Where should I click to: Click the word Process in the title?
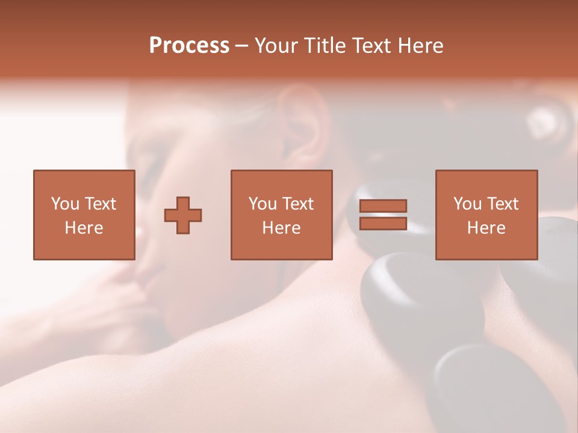189,46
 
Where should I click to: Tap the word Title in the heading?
324,46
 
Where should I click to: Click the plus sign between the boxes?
183,215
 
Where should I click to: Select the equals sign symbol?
383,215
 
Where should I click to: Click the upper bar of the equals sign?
383,206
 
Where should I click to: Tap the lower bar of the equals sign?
383,223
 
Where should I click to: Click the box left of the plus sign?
84,215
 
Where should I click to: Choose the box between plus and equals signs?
281,215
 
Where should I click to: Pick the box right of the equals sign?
486,215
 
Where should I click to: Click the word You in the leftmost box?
64,204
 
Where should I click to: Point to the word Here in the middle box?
281,228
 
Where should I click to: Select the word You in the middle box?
262,204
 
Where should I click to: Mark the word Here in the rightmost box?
486,228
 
